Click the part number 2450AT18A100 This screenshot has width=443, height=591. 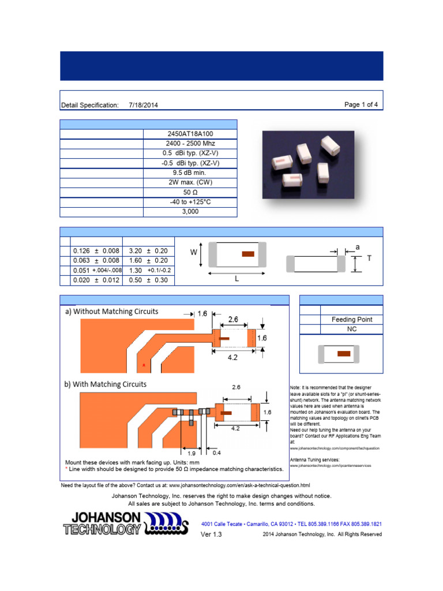pos(190,134)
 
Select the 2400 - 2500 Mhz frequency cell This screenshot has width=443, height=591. pos(190,144)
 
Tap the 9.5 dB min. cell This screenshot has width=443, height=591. pos(190,173)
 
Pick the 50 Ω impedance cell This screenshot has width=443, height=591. pos(190,192)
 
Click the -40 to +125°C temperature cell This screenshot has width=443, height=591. pos(190,202)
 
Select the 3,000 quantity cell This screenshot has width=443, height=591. pos(190,212)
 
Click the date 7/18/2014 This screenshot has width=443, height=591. pos(144,105)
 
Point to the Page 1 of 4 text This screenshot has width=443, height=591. pos(361,104)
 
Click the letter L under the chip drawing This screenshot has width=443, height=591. pos(236,279)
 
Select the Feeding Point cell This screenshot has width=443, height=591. pos(351,319)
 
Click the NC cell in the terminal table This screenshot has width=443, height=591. pos(351,329)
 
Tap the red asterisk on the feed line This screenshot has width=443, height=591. pos(144,366)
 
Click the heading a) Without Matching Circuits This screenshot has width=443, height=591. pos(111,312)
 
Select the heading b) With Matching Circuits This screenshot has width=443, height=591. pos(106,384)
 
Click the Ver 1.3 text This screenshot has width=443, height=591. pos(211,534)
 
